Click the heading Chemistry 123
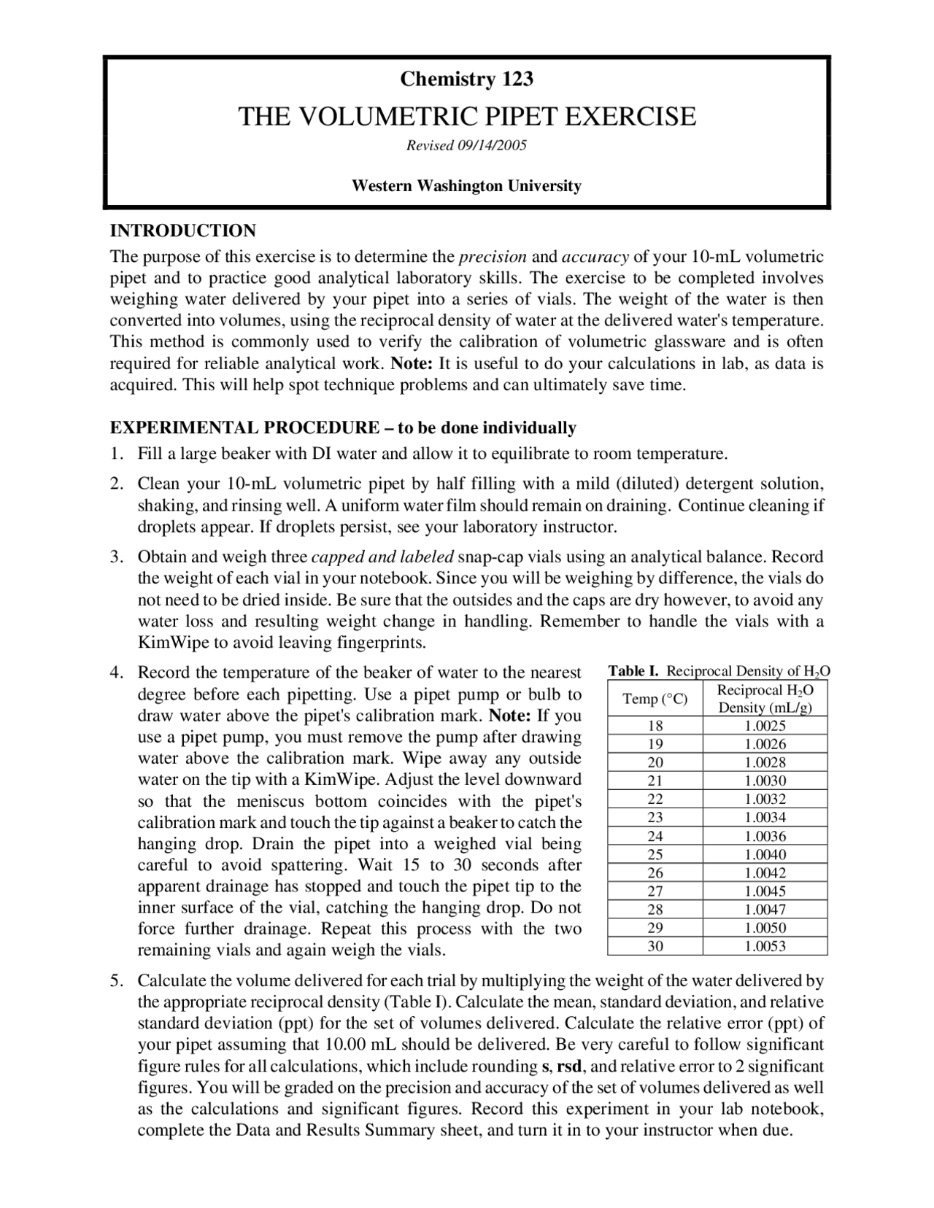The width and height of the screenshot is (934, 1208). click(x=466, y=79)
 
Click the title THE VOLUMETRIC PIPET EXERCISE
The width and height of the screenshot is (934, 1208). click(x=467, y=117)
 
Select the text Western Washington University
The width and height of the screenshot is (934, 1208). click(x=466, y=186)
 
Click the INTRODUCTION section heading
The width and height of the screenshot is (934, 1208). click(x=182, y=231)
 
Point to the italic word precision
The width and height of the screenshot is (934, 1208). click(x=493, y=257)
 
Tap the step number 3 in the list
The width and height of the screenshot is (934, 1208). click(x=115, y=557)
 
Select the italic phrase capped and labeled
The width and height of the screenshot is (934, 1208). click(x=382, y=557)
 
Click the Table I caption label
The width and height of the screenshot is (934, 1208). click(x=633, y=671)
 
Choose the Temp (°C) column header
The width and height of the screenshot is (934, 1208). click(x=655, y=699)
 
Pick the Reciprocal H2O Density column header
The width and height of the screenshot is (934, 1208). click(x=765, y=699)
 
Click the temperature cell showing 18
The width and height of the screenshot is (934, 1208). click(x=655, y=726)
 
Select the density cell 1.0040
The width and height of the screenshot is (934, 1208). click(x=765, y=854)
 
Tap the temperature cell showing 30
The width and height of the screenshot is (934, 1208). click(x=655, y=946)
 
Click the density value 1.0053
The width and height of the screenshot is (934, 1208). click(x=765, y=946)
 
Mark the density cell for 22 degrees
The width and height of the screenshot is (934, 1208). click(x=765, y=799)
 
